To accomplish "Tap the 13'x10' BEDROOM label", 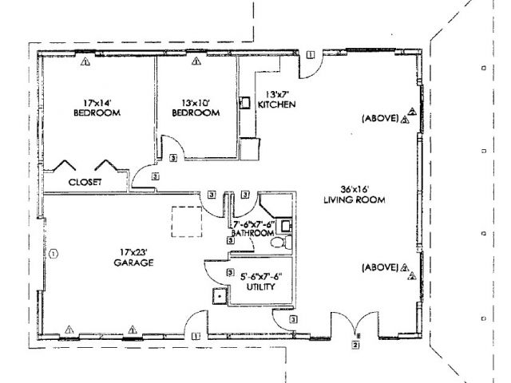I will pyautogui.click(x=197, y=108).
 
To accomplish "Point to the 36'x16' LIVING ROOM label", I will pyautogui.click(x=355, y=195).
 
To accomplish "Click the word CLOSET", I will pyautogui.click(x=85, y=182).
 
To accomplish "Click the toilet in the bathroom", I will pyautogui.click(x=279, y=243).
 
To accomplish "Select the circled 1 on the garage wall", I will pyautogui.click(x=53, y=254).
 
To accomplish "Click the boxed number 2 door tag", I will pyautogui.click(x=357, y=345).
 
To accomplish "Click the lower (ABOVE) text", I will pyautogui.click(x=379, y=267).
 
